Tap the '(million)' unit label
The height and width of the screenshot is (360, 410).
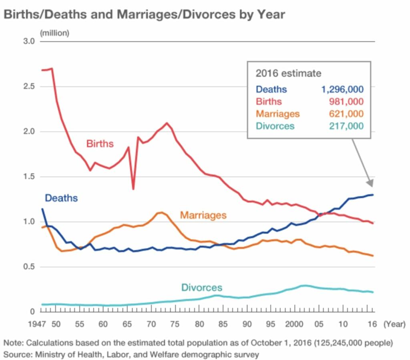click(x=54, y=33)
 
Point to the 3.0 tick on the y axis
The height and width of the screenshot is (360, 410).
click(x=29, y=42)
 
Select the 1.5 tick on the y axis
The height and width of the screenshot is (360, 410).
click(x=29, y=177)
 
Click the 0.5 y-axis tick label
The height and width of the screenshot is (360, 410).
click(x=29, y=267)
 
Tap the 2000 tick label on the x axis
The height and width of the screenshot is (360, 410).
click(x=295, y=324)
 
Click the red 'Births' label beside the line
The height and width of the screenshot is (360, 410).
click(x=100, y=143)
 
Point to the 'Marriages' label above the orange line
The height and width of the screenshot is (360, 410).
click(x=203, y=215)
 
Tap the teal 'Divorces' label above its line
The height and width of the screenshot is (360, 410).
click(x=201, y=288)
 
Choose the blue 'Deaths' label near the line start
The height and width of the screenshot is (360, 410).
click(x=61, y=197)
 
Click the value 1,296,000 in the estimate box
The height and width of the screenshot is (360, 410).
click(x=342, y=89)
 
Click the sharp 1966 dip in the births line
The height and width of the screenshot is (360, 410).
click(x=133, y=189)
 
